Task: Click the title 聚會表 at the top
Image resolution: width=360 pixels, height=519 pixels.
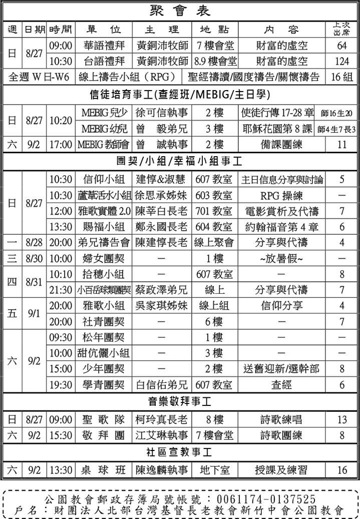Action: [180, 11]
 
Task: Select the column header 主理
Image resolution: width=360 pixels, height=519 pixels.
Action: [162, 29]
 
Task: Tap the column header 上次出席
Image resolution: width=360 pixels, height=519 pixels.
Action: [342, 29]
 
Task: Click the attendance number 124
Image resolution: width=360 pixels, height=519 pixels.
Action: [342, 61]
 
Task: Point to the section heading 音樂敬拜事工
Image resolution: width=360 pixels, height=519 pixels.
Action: [179, 402]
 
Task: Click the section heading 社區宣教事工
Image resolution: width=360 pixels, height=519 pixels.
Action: [179, 452]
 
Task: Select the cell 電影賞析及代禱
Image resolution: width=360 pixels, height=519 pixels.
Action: [281, 211]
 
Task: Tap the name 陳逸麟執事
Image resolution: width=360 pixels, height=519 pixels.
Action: [162, 470]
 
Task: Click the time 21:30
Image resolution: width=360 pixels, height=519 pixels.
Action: [61, 290]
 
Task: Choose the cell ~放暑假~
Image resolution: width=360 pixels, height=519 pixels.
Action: [281, 258]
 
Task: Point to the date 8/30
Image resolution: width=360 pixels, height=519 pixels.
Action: [34, 258]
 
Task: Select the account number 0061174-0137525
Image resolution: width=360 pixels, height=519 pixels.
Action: [266, 498]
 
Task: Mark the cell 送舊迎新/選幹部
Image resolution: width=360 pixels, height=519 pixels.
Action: [281, 369]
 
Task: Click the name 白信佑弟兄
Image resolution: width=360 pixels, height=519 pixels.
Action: [162, 385]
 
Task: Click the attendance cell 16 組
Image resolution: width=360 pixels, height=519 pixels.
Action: [342, 77]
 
